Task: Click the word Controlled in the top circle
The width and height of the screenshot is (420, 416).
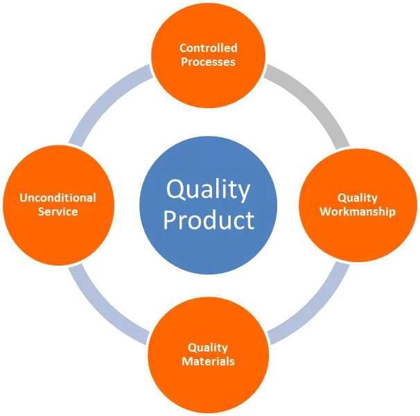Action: click(208, 48)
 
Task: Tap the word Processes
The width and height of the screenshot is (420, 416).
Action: click(208, 62)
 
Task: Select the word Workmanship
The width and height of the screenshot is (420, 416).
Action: click(357, 211)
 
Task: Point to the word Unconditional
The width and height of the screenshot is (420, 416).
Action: click(58, 198)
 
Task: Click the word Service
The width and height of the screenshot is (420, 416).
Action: click(58, 211)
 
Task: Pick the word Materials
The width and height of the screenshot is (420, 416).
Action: click(208, 361)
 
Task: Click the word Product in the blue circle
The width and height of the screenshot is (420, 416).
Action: click(209, 220)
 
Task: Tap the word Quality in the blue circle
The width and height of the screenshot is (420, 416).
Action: click(209, 189)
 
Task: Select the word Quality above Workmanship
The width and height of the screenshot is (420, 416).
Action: click(357, 198)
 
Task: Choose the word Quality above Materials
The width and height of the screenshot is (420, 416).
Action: click(208, 347)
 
